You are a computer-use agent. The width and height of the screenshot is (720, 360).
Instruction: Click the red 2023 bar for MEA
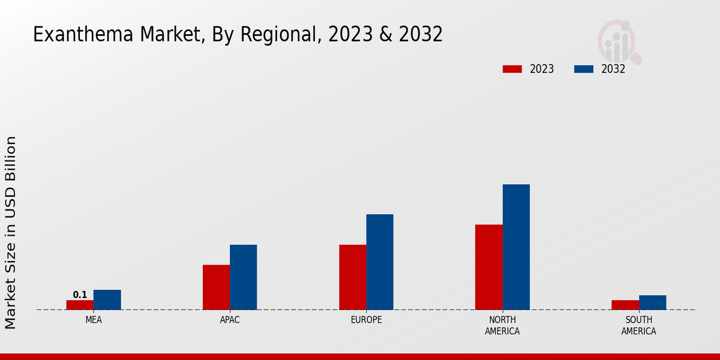pyautogui.click(x=80, y=305)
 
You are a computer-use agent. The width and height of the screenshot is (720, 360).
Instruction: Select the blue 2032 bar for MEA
pyautogui.click(x=107, y=300)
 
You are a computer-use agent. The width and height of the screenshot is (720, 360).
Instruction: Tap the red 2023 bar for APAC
pyautogui.click(x=216, y=287)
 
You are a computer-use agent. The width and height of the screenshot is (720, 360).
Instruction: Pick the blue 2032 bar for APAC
pyautogui.click(x=243, y=277)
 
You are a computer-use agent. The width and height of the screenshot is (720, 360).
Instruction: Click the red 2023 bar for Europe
pyautogui.click(x=352, y=277)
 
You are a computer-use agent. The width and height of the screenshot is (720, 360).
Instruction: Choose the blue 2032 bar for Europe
pyautogui.click(x=380, y=262)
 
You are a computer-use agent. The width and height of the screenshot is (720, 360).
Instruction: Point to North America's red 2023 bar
pyautogui.click(x=488, y=267)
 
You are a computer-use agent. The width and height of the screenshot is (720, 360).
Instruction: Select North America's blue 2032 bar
pyautogui.click(x=516, y=247)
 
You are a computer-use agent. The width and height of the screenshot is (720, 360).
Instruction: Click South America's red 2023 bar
pyautogui.click(x=625, y=305)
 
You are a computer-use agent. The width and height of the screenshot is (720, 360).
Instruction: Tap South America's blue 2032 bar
pyautogui.click(x=652, y=302)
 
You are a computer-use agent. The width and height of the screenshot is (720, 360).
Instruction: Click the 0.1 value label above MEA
pyautogui.click(x=80, y=295)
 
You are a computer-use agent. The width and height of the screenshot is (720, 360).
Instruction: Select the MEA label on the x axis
pyautogui.click(x=94, y=320)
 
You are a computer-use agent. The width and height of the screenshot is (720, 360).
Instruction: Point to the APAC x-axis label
pyautogui.click(x=230, y=320)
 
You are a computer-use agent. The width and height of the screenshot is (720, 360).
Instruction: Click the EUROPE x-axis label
pyautogui.click(x=366, y=320)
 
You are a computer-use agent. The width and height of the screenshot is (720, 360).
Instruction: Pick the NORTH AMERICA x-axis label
pyautogui.click(x=502, y=325)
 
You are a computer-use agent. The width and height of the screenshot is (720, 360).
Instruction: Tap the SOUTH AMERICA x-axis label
pyautogui.click(x=638, y=325)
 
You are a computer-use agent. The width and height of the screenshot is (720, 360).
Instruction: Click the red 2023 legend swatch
pyautogui.click(x=512, y=69)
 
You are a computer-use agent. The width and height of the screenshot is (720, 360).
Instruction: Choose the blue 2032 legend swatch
pyautogui.click(x=583, y=69)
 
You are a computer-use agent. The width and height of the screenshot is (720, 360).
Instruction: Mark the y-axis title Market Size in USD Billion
pyautogui.click(x=11, y=232)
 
